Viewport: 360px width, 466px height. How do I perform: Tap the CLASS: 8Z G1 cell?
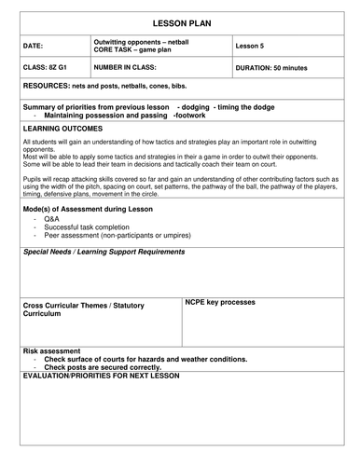coord(43,68)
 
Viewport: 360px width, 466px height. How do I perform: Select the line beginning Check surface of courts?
coord(145,359)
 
